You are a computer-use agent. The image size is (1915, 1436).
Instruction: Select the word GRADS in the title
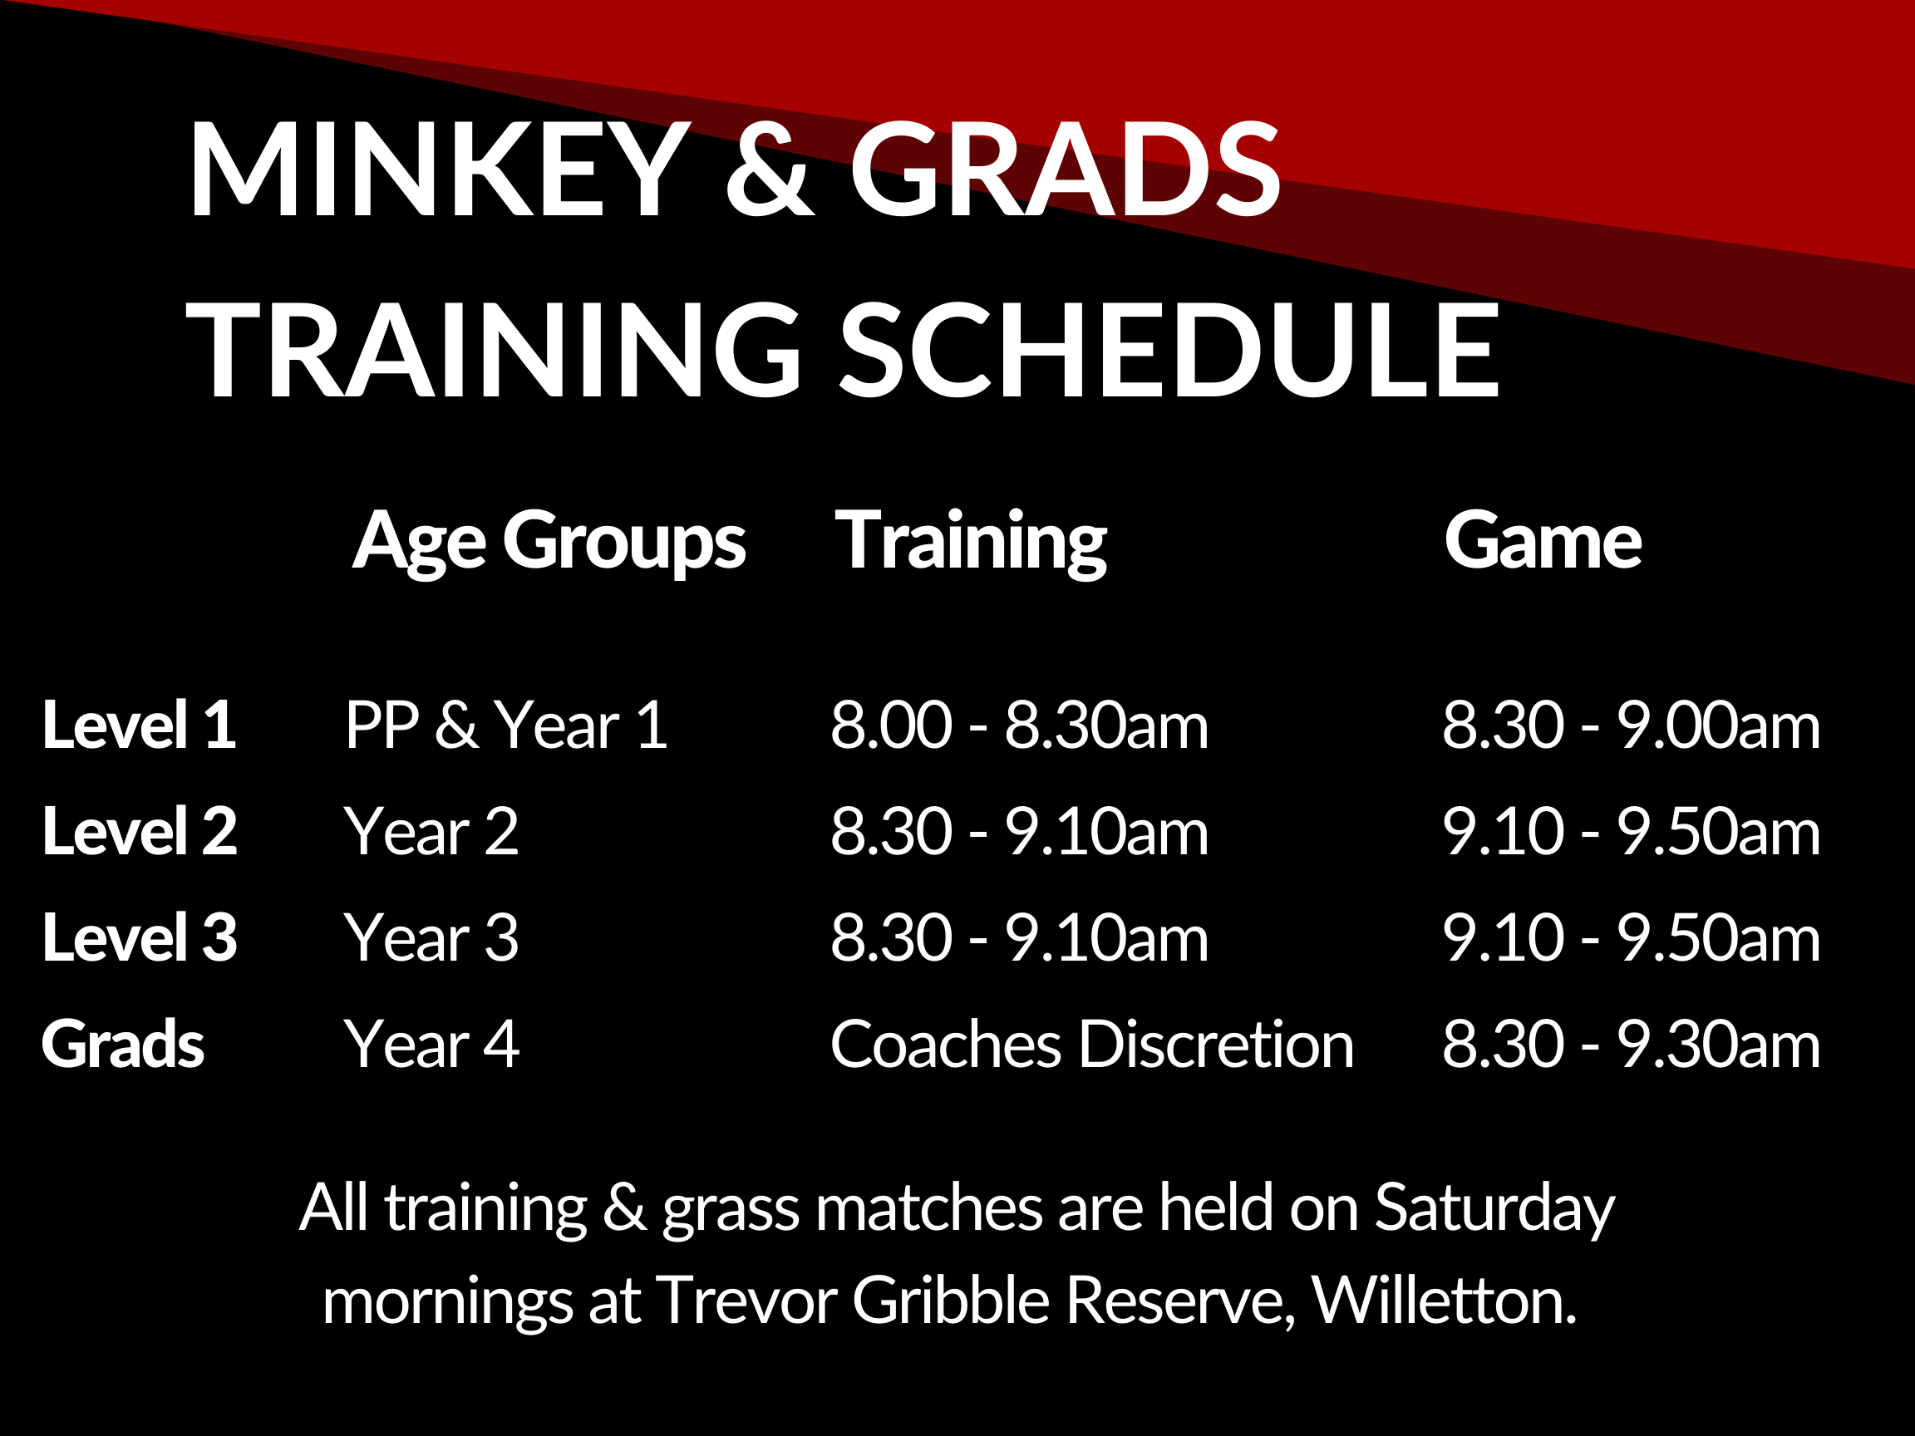tap(1065, 168)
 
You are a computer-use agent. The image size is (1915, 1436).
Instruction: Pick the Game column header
tap(1543, 541)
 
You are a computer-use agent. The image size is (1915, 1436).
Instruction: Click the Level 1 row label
tap(139, 725)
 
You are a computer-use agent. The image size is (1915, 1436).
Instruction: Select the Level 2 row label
tap(140, 831)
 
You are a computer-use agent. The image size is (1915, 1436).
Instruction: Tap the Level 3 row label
tap(140, 937)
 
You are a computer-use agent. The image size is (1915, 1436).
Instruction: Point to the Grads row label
tap(123, 1044)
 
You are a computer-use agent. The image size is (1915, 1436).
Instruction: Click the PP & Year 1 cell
tap(506, 725)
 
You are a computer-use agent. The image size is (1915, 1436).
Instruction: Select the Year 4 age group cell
tap(432, 1044)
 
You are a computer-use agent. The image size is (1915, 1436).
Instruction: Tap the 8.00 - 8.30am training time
tap(1019, 725)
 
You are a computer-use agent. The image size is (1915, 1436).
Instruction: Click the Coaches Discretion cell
tap(1091, 1044)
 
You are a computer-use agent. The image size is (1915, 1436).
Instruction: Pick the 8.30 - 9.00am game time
tap(1631, 725)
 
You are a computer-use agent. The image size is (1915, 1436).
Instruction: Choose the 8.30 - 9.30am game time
tap(1631, 1044)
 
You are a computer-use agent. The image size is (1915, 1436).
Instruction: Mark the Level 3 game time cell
tap(1631, 937)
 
